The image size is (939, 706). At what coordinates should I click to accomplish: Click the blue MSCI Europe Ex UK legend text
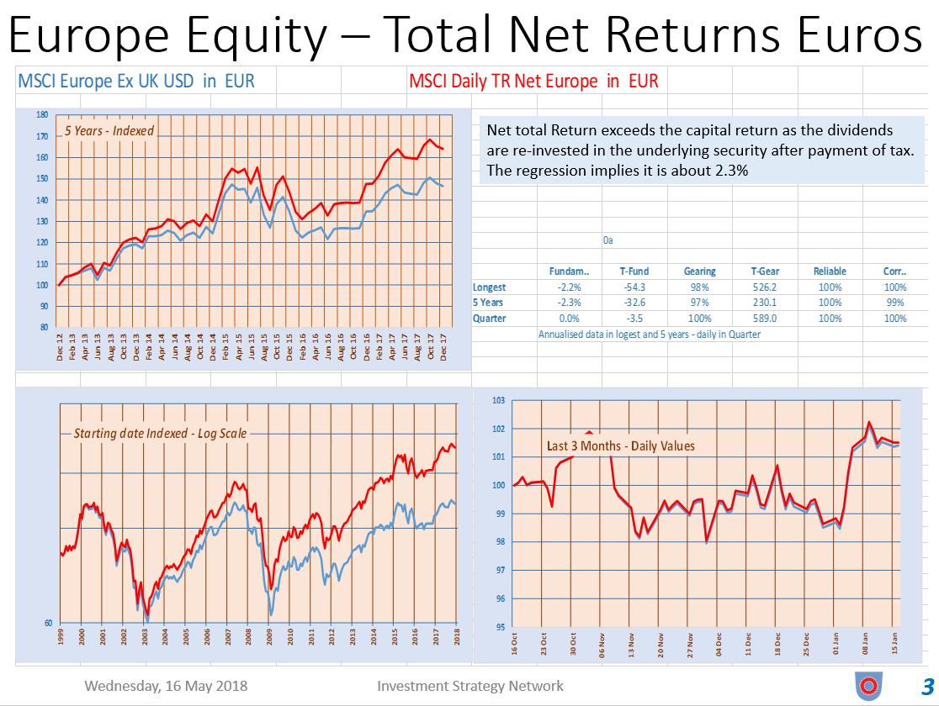[x=136, y=82]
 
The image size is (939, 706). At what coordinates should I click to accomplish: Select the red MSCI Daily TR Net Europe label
[x=533, y=82]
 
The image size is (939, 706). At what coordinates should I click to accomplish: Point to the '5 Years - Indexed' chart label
[x=110, y=130]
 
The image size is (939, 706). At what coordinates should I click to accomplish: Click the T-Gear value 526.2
[x=762, y=287]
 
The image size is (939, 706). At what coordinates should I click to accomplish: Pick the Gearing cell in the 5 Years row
[x=699, y=303]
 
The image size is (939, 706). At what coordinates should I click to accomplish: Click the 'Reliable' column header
[x=830, y=271]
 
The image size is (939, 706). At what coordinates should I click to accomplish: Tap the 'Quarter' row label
[x=489, y=319]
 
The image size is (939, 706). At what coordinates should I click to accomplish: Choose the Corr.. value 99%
[x=895, y=303]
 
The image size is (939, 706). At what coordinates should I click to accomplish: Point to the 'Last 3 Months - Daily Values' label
[x=621, y=445]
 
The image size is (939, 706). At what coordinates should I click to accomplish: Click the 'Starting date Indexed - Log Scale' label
[x=161, y=434]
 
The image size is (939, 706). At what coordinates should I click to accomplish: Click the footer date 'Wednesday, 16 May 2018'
[x=166, y=686]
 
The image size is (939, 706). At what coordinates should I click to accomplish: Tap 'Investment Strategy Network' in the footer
[x=470, y=686]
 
